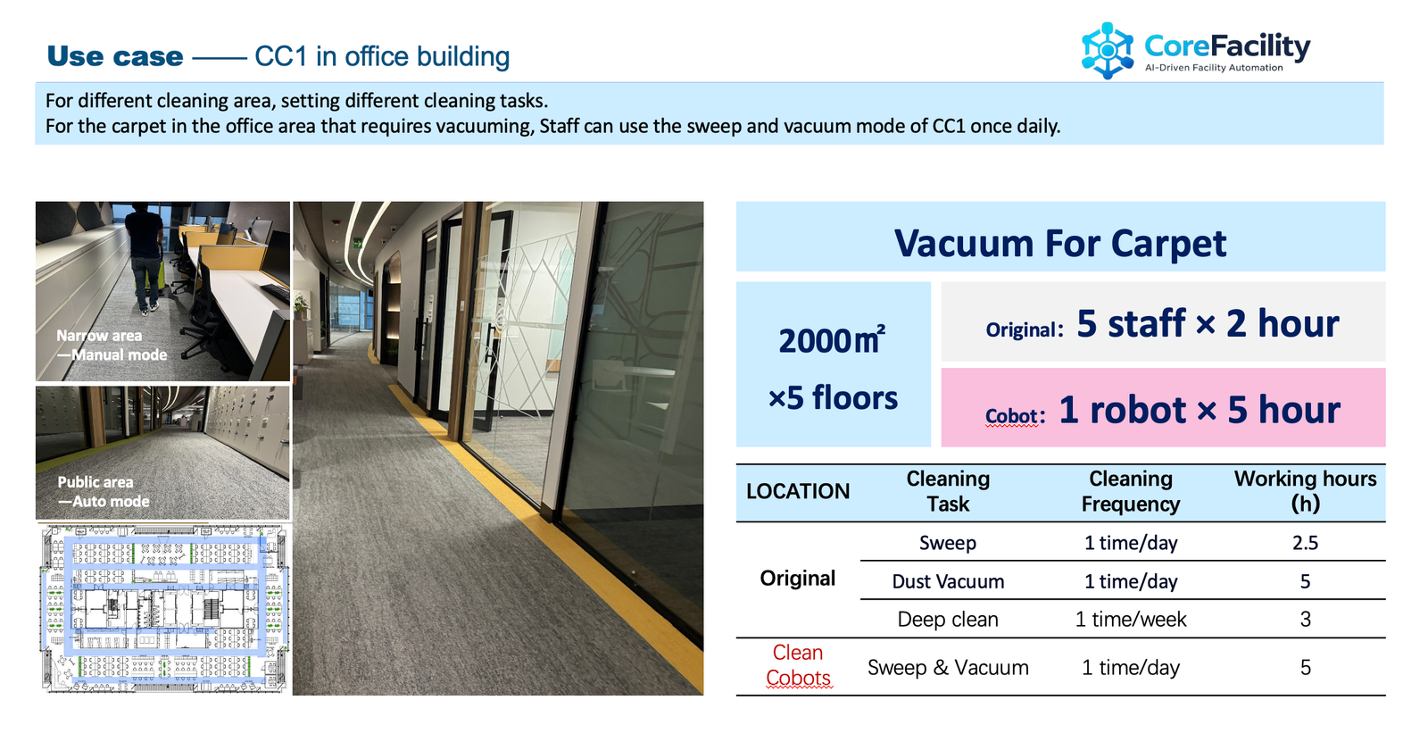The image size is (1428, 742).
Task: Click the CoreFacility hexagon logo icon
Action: coord(1107,50)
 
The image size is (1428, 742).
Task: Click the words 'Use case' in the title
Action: coord(115,56)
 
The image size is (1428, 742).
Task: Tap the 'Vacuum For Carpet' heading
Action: coord(1060,243)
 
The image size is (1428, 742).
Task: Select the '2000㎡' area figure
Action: coord(832,339)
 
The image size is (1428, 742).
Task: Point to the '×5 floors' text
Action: coord(833,397)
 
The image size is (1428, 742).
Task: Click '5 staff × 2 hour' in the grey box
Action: coord(1207,323)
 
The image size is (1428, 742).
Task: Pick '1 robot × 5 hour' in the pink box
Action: coord(1199,410)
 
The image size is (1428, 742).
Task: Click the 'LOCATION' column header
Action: coord(798,491)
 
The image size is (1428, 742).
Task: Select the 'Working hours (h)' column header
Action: coord(1305,491)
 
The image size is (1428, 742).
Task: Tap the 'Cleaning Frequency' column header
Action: coord(1130,491)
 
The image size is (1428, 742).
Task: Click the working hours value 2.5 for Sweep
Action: coord(1305,543)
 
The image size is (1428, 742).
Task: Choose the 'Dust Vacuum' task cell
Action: coord(948,581)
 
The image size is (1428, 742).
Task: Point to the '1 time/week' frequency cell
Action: coord(1130,620)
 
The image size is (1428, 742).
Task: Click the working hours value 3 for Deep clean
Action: coord(1305,620)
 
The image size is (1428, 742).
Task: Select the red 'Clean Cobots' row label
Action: coord(798,666)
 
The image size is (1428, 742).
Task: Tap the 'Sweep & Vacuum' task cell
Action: coord(948,668)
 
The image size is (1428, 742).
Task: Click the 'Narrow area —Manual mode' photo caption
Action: coord(112,346)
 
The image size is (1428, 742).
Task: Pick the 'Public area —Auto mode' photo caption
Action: coord(104,492)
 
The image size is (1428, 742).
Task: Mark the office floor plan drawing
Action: coord(164,608)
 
